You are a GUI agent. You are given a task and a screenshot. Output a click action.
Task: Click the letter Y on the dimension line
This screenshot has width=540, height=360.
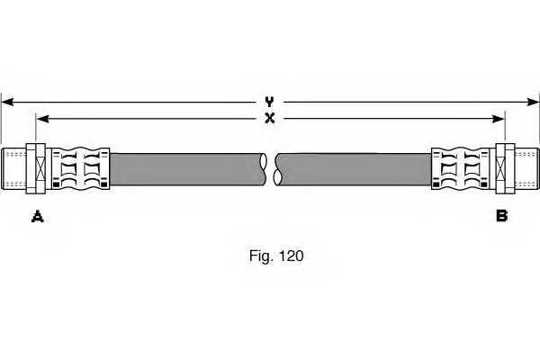(269, 102)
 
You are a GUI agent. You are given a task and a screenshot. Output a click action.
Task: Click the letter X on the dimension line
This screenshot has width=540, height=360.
(270, 119)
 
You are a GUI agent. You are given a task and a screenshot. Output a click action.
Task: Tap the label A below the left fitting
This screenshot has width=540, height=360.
(37, 217)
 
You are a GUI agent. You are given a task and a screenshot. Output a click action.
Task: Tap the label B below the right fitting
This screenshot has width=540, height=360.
(502, 216)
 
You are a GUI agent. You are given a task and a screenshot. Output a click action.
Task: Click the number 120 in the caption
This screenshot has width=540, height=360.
(292, 256)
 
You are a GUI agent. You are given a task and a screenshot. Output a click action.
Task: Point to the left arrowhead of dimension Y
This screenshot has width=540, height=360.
(7, 102)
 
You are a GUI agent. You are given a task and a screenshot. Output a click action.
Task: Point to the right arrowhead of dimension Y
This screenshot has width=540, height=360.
(533, 102)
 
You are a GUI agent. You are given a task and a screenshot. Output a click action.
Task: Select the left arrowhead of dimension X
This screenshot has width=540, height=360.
(42, 119)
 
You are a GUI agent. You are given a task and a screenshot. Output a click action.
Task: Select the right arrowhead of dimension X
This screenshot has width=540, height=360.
(499, 119)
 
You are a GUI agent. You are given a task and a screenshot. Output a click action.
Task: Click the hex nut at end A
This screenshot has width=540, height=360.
(36, 168)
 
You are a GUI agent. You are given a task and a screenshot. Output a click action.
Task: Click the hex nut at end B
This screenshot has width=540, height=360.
(505, 168)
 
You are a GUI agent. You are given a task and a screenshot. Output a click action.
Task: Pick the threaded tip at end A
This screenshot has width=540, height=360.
(13, 168)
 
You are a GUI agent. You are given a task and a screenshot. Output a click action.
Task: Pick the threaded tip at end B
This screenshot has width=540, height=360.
(526, 168)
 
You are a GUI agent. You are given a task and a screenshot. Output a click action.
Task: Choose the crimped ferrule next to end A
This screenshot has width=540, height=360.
(81, 168)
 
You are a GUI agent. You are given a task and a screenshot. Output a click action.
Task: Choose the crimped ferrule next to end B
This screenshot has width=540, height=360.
(461, 168)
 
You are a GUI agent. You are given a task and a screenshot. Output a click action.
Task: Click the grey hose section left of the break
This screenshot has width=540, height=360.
(188, 169)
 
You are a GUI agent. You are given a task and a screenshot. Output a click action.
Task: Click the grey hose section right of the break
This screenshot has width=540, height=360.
(353, 169)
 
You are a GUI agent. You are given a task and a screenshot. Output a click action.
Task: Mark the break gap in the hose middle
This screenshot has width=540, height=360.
(271, 169)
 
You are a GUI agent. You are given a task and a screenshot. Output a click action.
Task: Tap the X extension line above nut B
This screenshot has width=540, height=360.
(505, 127)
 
